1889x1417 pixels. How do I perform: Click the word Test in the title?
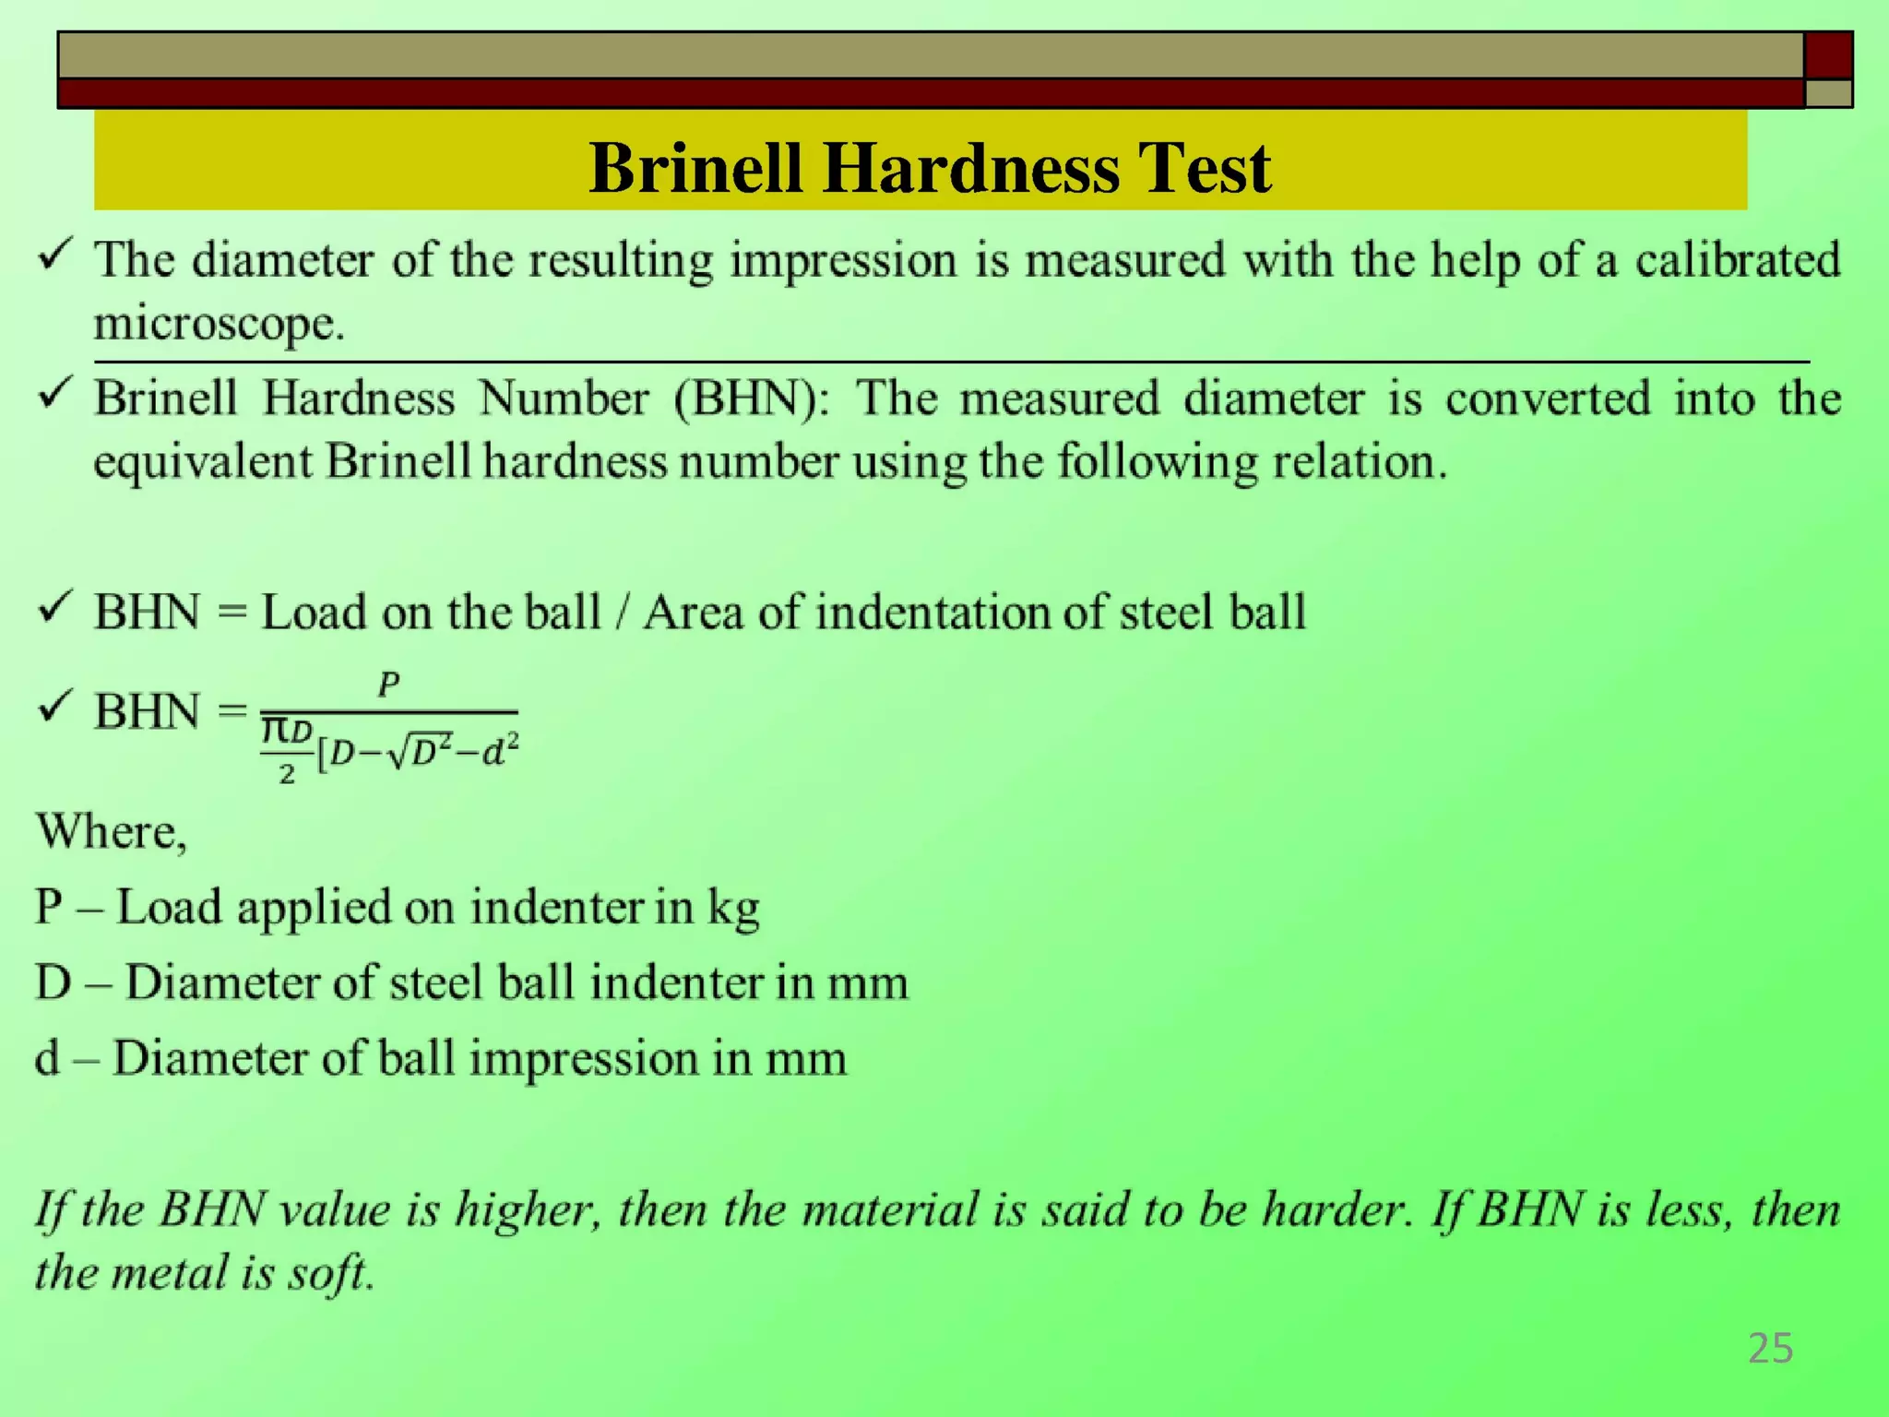(x=1204, y=169)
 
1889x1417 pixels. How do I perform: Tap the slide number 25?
(x=1770, y=1349)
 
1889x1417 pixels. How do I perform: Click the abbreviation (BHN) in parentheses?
(x=751, y=399)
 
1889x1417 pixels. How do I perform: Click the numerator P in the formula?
(x=388, y=685)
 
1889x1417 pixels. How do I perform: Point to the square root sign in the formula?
(x=397, y=756)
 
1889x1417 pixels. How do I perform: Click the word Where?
(x=111, y=832)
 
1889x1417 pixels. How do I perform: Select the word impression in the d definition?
(x=582, y=1058)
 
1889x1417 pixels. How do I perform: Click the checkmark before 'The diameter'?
(x=55, y=255)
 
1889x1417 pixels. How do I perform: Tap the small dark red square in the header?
(x=1828, y=55)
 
